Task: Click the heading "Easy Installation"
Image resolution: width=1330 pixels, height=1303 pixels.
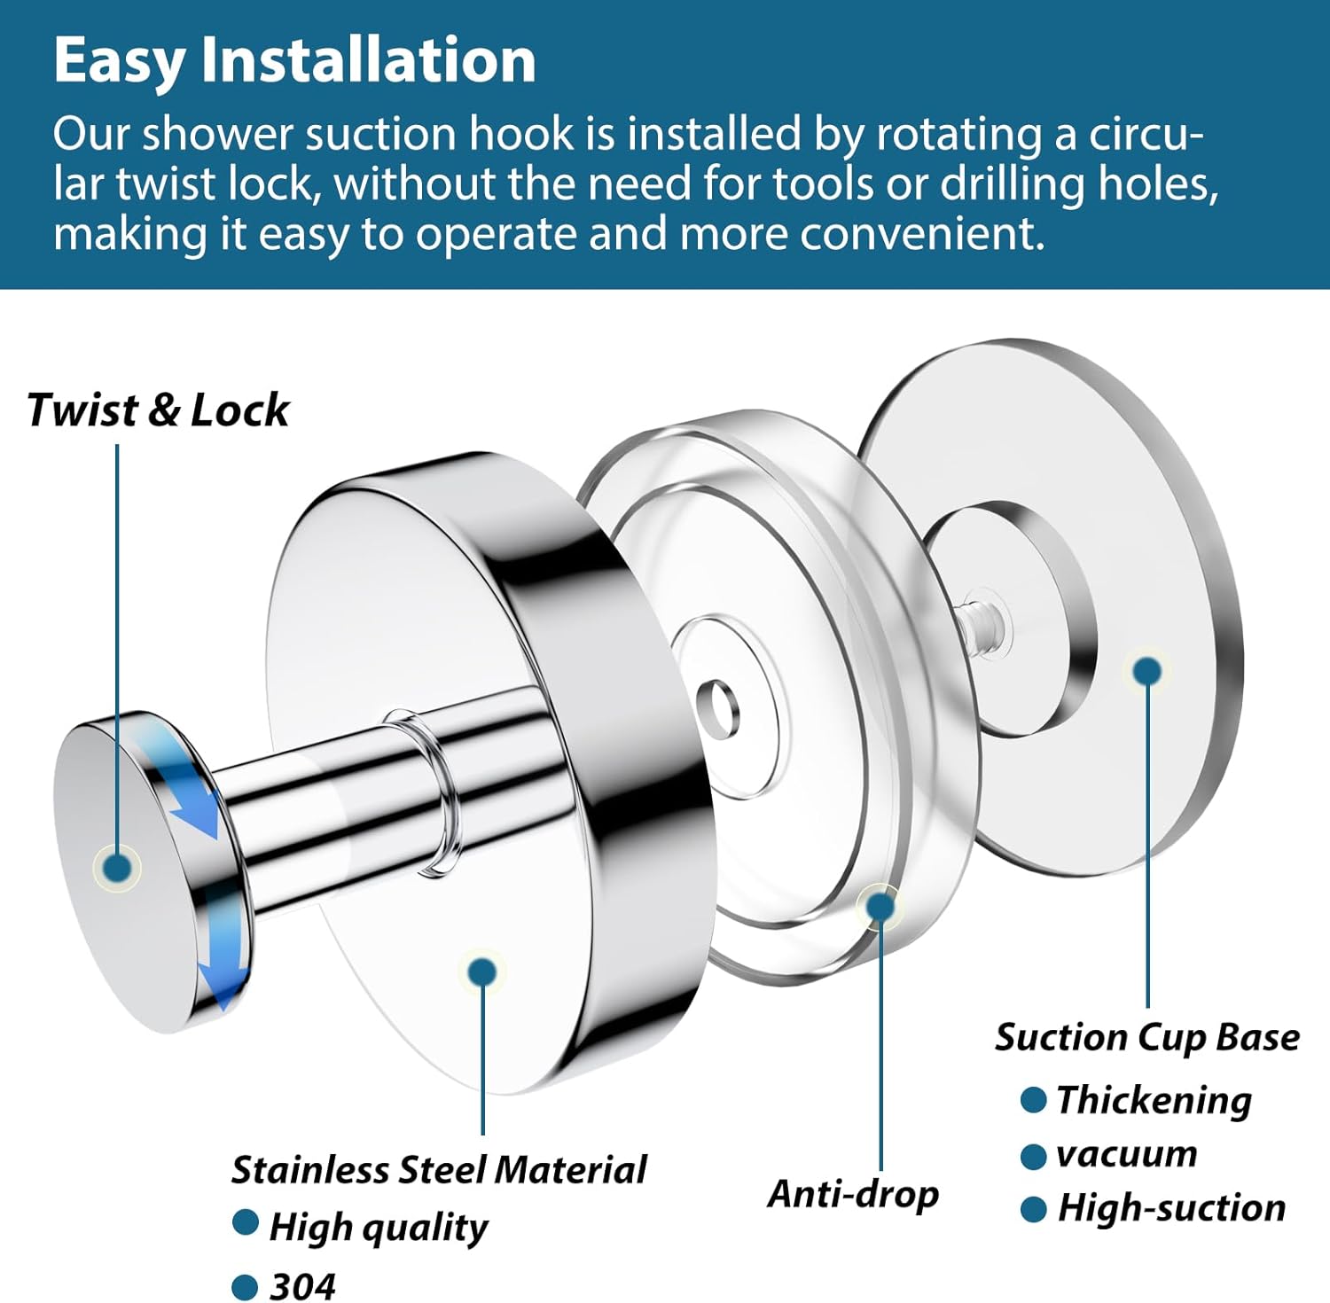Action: (x=294, y=62)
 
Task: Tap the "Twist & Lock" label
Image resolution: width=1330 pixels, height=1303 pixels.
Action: (x=158, y=410)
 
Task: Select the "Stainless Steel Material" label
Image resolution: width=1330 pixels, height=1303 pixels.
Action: (x=439, y=1170)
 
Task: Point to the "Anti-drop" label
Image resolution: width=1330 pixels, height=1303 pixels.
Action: (x=853, y=1194)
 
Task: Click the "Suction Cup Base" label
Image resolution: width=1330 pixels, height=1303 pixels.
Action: (x=1147, y=1037)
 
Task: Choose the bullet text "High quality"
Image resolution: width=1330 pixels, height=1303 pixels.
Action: (x=379, y=1228)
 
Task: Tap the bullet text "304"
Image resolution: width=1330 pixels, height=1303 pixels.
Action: (x=303, y=1286)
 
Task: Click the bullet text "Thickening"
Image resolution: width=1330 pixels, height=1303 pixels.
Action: (x=1154, y=1101)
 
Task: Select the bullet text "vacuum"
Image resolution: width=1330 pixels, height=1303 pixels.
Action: (x=1127, y=1155)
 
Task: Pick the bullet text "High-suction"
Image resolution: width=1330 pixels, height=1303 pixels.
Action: (x=1171, y=1208)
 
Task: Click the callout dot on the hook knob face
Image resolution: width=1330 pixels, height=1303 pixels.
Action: (x=117, y=867)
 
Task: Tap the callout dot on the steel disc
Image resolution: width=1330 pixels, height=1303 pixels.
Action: (x=482, y=972)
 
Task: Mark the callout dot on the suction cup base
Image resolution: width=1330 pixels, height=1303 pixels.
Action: (x=1147, y=671)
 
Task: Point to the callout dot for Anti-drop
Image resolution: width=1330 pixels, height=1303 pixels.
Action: (x=880, y=906)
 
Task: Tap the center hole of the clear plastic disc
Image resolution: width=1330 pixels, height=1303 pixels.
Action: (x=717, y=709)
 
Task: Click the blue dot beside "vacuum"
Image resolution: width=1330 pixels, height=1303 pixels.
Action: (x=1033, y=1157)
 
